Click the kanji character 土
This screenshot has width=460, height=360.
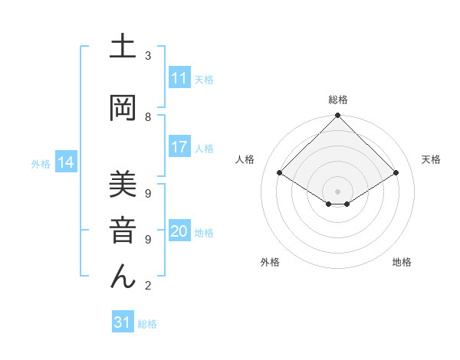tap(123, 48)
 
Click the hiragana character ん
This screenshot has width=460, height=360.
tap(123, 275)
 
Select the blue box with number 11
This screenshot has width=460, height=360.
tap(179, 78)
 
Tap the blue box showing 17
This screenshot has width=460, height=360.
tap(179, 147)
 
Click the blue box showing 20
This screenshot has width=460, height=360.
tap(179, 232)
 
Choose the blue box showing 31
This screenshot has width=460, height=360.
tap(123, 322)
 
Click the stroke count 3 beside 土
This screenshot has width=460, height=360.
tap(148, 56)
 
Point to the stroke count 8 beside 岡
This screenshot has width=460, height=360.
tap(148, 116)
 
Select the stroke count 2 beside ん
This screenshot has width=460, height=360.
tap(148, 286)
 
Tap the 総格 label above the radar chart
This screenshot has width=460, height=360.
tap(337, 100)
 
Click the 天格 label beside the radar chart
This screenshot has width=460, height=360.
tap(432, 159)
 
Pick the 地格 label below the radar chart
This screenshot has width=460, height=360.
tap(402, 262)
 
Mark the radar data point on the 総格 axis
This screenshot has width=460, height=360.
tap(337, 116)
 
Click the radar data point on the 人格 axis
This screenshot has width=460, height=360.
tap(280, 173)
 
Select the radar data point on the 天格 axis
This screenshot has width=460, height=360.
tap(396, 173)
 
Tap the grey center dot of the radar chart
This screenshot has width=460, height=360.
tap(337, 191)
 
